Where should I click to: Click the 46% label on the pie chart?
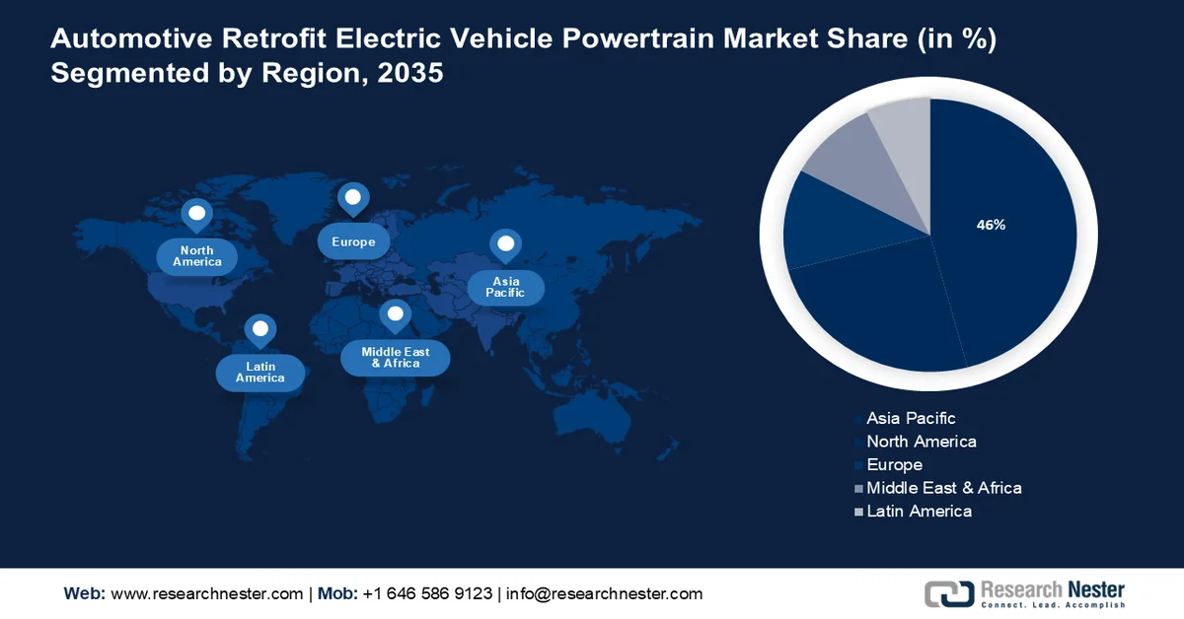[x=991, y=225]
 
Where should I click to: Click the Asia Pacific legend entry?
[x=911, y=419]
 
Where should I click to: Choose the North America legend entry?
[x=921, y=442]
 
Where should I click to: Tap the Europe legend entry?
[x=894, y=464]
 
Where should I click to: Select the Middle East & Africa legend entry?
[x=943, y=488]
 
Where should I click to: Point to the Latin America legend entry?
[x=919, y=511]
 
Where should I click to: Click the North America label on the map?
[x=197, y=256]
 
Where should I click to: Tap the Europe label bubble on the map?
[x=353, y=241]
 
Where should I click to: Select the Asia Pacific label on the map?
[x=505, y=287]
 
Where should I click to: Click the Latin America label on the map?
[x=260, y=372]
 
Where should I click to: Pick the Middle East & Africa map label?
[x=396, y=357]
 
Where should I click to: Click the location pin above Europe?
[x=352, y=198]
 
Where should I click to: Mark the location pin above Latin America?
[x=259, y=329]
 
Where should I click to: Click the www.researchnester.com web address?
[x=207, y=593]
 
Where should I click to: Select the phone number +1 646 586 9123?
[x=427, y=593]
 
